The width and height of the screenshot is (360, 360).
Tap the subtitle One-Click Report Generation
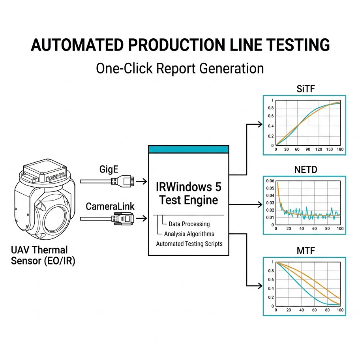click(180, 68)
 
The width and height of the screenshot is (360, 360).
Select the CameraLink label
click(110, 206)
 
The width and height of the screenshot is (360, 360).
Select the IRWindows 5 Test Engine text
click(188, 192)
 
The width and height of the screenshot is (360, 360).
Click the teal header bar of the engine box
click(188, 150)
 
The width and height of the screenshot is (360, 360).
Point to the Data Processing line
click(189, 224)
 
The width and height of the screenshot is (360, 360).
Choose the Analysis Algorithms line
click(189, 234)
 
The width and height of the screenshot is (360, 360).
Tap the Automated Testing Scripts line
click(189, 244)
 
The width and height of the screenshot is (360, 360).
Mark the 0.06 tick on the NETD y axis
click(270, 181)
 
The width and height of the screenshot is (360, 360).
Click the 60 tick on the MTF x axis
click(315, 310)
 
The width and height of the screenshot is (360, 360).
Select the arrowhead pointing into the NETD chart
click(260, 204)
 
